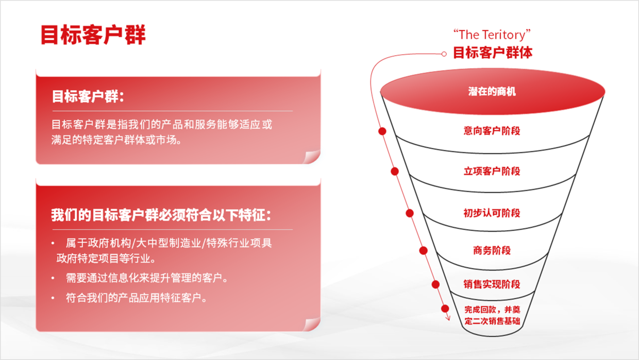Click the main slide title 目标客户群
click(93, 35)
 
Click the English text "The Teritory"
click(492, 35)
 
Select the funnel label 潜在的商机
click(492, 92)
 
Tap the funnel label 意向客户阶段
click(492, 131)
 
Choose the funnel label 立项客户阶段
click(492, 172)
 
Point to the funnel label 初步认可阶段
click(492, 213)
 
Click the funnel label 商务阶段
click(492, 250)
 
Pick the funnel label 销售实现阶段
click(492, 284)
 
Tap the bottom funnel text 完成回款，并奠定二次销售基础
click(492, 315)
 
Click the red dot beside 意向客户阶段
click(382, 131)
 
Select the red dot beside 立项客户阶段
click(395, 172)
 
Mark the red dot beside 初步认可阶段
click(410, 213)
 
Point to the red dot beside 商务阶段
click(424, 250)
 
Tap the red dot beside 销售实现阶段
click(435, 284)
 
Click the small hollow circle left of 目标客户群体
click(444, 54)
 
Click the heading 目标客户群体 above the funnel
click(493, 53)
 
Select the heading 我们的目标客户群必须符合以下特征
click(161, 215)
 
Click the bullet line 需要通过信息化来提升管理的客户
click(147, 278)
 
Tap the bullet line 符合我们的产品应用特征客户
click(136, 298)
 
